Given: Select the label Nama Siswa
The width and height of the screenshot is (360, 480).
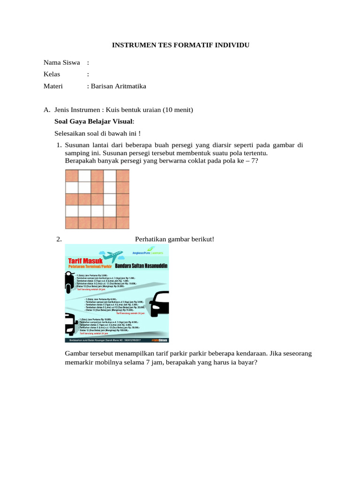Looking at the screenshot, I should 61,62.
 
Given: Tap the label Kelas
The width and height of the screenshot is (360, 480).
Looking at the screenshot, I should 52,74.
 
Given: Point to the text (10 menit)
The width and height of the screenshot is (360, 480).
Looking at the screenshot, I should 178,110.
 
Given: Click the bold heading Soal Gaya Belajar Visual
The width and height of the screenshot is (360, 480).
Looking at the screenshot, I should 94,121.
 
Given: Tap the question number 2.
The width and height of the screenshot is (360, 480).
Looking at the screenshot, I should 59,240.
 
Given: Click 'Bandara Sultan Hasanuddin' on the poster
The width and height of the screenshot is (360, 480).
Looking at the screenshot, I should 142,267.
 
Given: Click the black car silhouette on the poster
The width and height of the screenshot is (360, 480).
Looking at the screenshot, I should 159,303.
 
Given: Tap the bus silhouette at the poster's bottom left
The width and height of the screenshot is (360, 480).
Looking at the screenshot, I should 70,323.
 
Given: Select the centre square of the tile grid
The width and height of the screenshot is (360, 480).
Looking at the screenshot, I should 97,199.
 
